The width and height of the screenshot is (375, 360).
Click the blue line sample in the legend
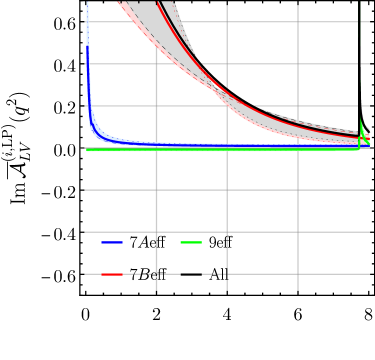pyautogui.click(x=112, y=242)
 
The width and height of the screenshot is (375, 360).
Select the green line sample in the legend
pyautogui.click(x=191, y=242)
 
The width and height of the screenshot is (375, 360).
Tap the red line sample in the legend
pyautogui.click(x=112, y=273)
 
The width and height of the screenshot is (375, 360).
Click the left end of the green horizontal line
pyautogui.click(x=88, y=149)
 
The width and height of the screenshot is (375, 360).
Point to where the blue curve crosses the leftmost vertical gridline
pyautogui.click(x=156, y=144)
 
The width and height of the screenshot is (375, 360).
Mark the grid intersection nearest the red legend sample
pyautogui.click(x=156, y=273)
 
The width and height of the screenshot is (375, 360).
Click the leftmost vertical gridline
pyautogui.click(x=156, y=200)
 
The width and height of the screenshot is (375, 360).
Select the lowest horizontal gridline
pyautogui.click(x=230, y=273)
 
